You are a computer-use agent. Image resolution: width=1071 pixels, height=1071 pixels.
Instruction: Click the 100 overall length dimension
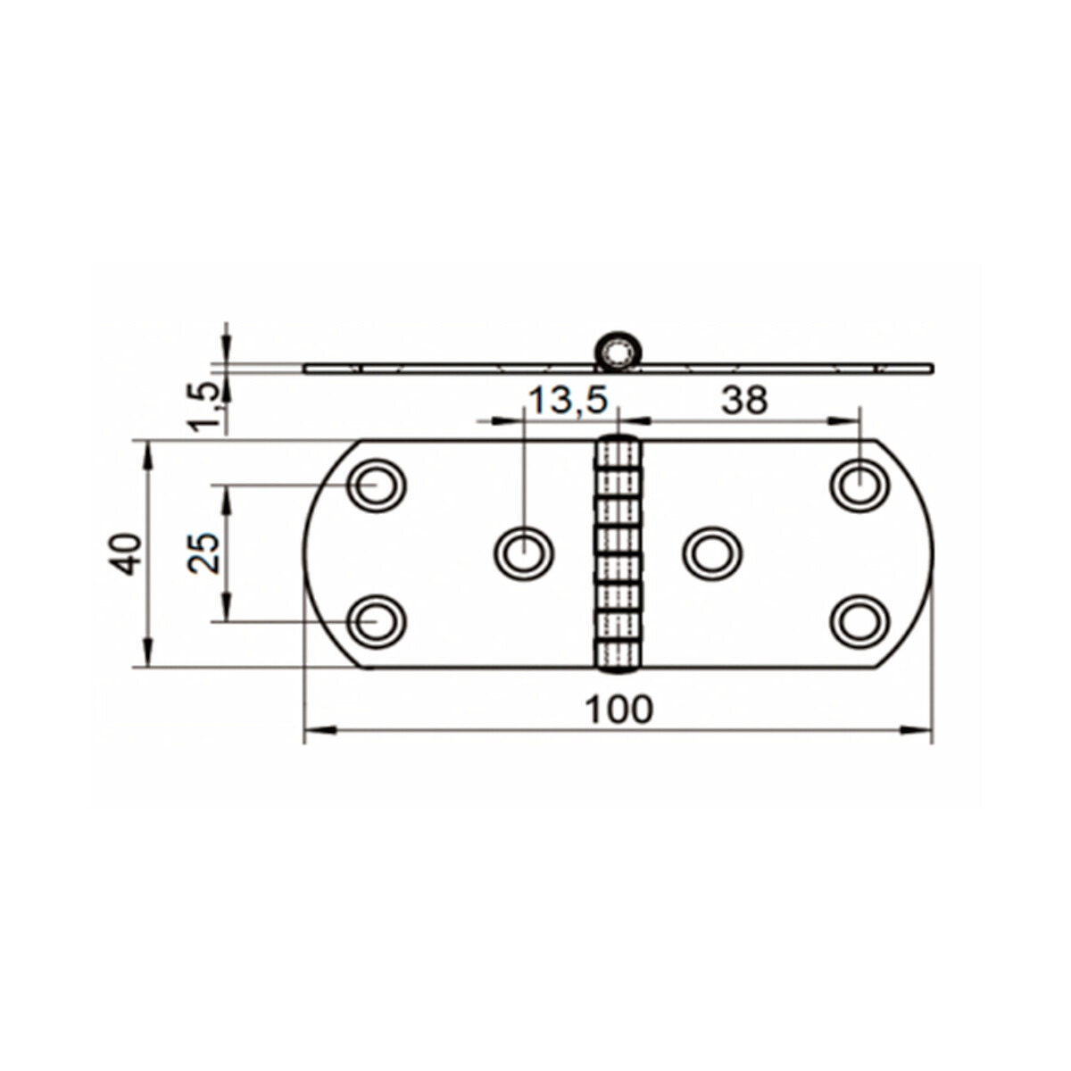[619, 710]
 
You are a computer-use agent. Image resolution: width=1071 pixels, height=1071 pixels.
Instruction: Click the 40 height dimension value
[126, 553]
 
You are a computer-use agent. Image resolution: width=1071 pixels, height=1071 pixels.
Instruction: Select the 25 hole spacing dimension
[204, 553]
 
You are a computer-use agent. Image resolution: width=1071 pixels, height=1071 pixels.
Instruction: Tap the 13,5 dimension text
[568, 402]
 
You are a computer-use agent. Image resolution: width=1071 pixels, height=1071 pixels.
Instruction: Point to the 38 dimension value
[744, 402]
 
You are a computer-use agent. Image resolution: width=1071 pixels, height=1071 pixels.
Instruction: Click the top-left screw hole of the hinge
[376, 486]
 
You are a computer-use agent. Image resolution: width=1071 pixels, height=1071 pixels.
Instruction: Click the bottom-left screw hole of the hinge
[376, 620]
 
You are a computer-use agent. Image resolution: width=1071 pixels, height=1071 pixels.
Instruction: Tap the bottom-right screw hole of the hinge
[859, 620]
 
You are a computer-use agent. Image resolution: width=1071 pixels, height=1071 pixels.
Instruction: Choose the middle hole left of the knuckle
[524, 553]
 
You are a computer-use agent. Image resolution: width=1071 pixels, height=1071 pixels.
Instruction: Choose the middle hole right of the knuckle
[712, 553]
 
